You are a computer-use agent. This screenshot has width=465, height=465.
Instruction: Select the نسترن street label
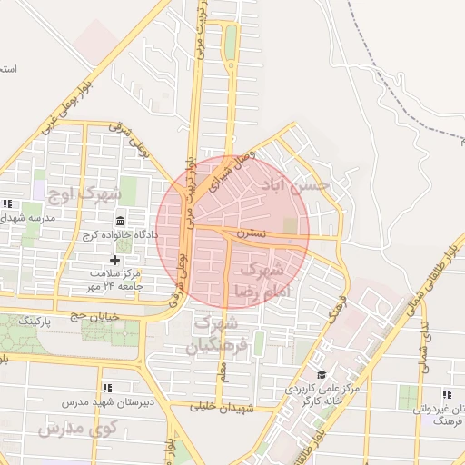point(252,233)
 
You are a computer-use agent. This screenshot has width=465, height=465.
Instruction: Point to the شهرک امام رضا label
point(260,280)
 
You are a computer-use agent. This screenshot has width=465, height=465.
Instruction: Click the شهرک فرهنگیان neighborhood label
point(215,334)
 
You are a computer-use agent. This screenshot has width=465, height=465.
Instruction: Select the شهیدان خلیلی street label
point(220,407)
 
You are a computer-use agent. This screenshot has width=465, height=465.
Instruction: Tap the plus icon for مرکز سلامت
point(114,261)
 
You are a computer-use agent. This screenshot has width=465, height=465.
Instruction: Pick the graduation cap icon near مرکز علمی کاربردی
point(321,374)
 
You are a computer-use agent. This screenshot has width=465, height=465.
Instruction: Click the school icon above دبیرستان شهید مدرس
point(108,388)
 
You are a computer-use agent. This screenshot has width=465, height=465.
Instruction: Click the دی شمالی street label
point(426,345)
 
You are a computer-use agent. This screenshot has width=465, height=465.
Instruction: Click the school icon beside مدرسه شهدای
point(8,203)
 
